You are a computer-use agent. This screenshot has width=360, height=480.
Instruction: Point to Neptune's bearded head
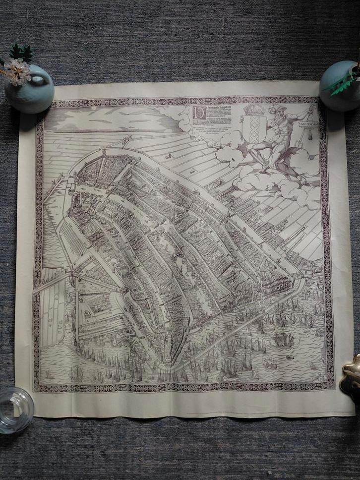(x=276, y=113)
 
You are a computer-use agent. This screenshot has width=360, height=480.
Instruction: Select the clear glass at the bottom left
(x=15, y=403)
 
